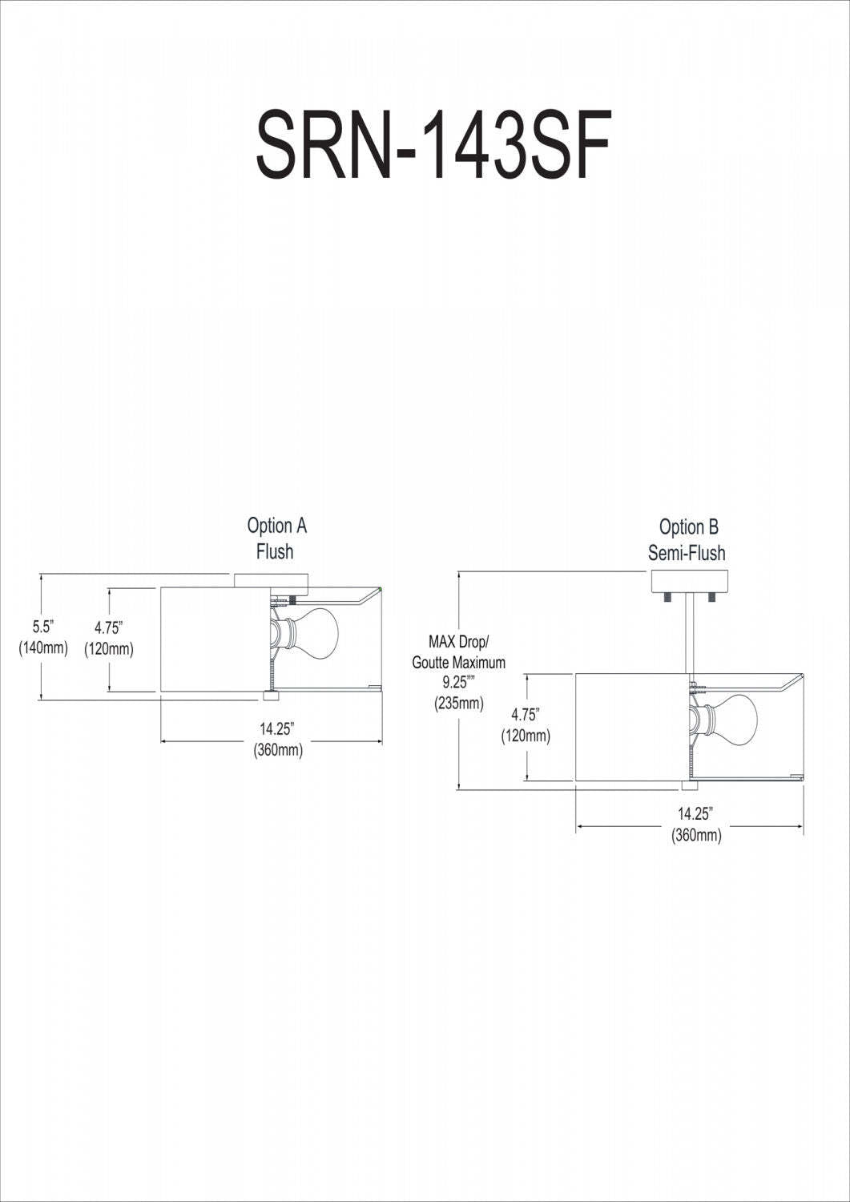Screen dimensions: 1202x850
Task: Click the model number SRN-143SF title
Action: (433, 145)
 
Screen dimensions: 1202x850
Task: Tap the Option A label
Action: (276, 526)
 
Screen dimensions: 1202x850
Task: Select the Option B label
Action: (688, 527)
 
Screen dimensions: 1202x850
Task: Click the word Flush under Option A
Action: (275, 551)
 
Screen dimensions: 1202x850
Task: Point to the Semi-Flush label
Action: (687, 553)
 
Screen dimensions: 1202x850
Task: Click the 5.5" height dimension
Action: (42, 626)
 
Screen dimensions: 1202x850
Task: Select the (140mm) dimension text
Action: (43, 647)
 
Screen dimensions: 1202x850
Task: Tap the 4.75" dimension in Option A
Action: (108, 627)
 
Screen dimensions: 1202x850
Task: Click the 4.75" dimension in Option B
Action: (526, 714)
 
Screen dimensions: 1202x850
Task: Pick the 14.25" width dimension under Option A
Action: (277, 729)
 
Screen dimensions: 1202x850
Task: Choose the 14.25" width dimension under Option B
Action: (695, 813)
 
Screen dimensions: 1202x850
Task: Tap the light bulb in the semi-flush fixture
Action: (731, 716)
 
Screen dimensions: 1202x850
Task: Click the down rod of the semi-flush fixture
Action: (689, 633)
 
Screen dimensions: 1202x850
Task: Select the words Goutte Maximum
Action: (459, 663)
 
